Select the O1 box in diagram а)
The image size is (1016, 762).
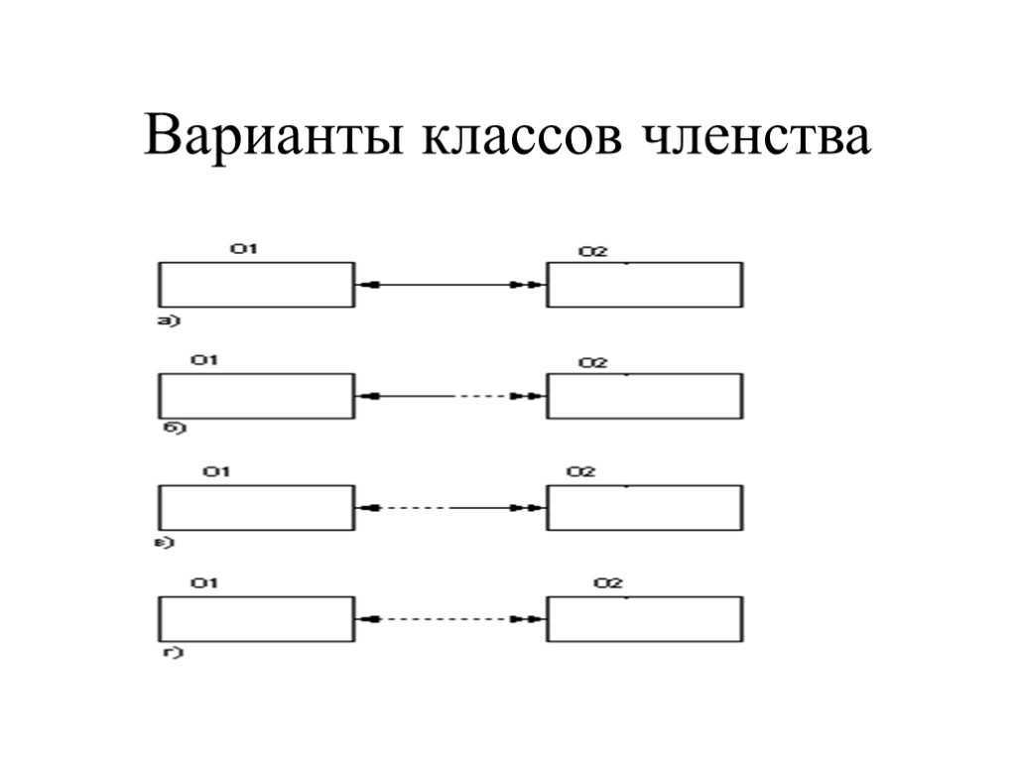[256, 285]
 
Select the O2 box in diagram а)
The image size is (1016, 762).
[645, 285]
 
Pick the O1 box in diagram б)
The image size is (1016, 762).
[256, 396]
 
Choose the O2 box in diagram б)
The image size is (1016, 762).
[645, 396]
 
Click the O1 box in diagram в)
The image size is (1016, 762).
[256, 507]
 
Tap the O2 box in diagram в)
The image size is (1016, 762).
[645, 507]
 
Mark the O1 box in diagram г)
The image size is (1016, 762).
[256, 618]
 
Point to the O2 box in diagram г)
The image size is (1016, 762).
[645, 618]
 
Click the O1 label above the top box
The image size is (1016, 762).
[244, 249]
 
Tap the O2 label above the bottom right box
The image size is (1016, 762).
[607, 582]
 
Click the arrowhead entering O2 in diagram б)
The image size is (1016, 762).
[533, 397]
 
